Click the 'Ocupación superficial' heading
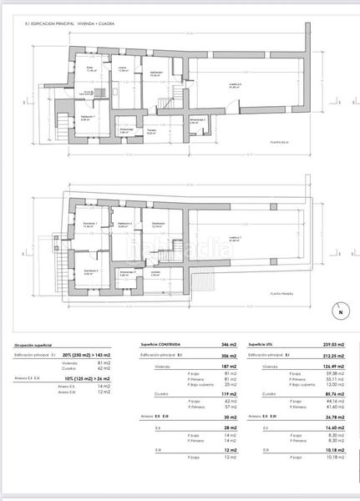(x=33, y=345)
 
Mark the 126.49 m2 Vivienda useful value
(x=332, y=366)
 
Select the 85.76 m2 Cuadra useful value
(x=333, y=393)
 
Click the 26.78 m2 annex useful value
(x=333, y=415)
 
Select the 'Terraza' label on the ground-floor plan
(x=153, y=130)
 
